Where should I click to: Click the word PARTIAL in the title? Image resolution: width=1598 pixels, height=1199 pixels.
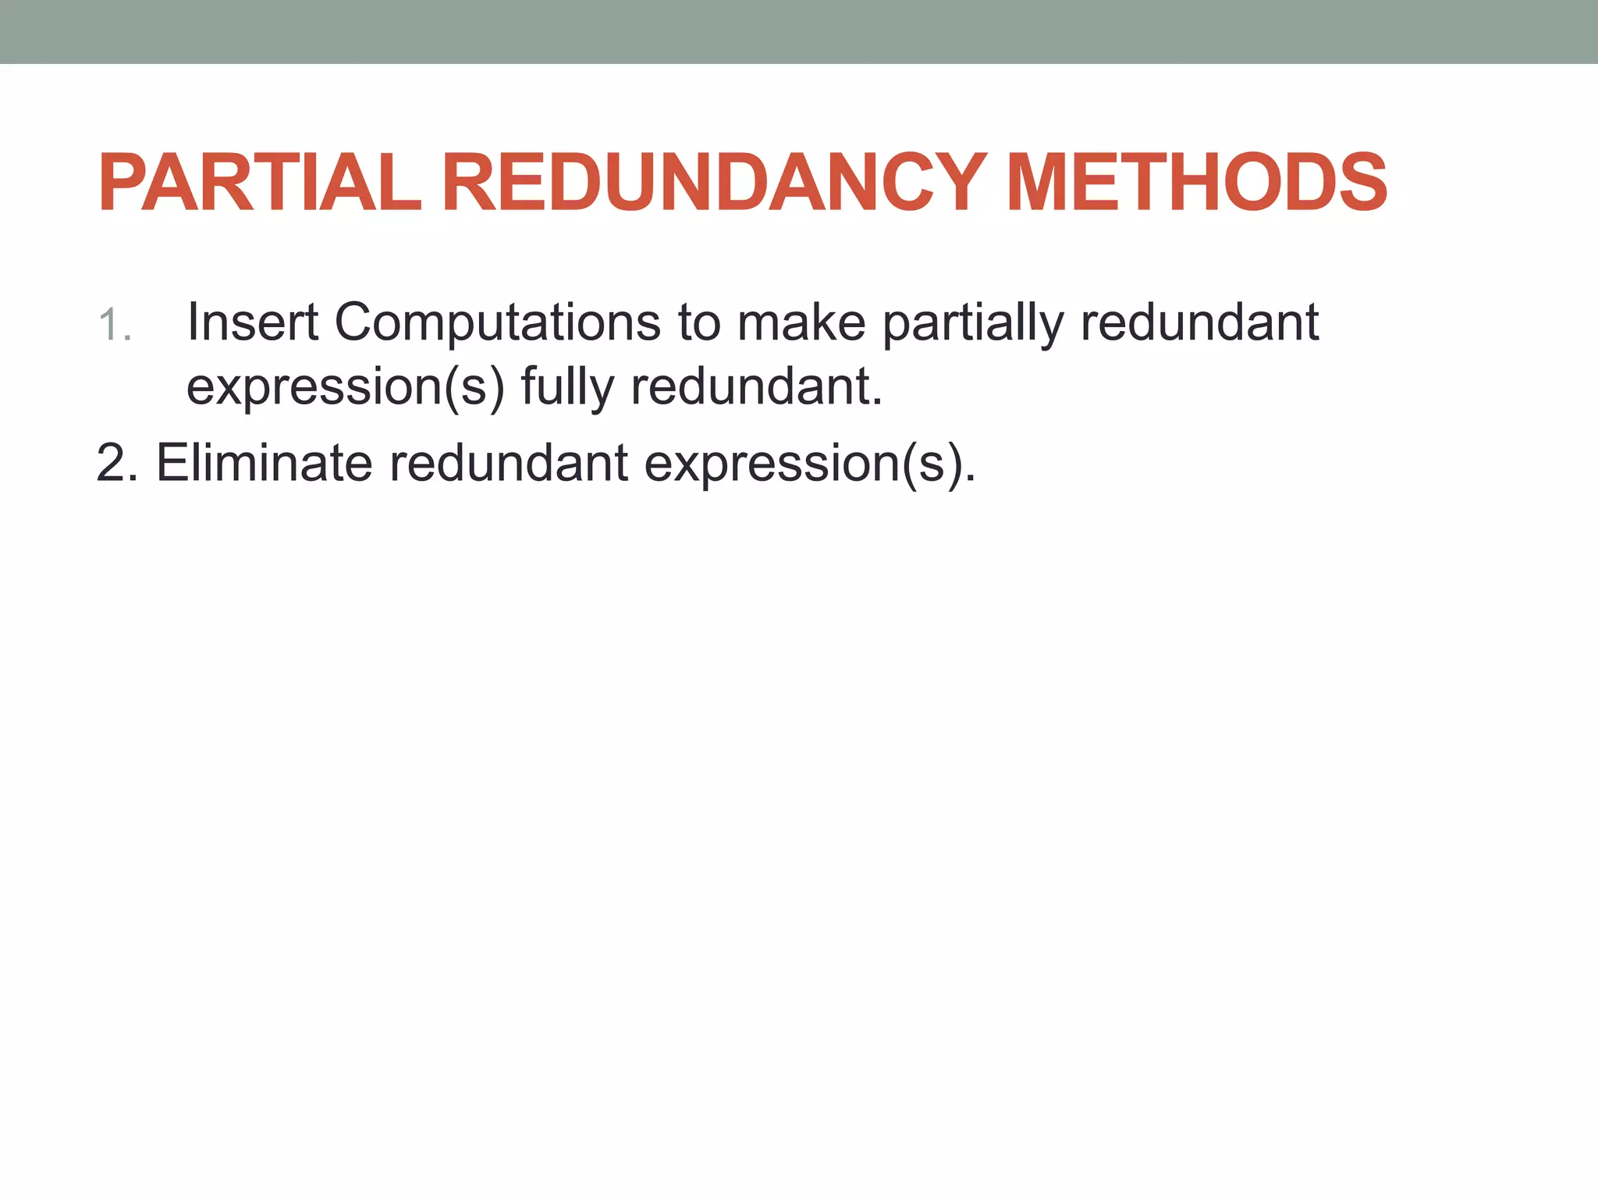(260, 183)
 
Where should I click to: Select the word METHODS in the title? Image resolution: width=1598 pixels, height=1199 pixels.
(1197, 183)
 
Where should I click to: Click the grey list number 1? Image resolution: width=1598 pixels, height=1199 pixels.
(114, 325)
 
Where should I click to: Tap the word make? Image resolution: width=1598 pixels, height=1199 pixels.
(801, 322)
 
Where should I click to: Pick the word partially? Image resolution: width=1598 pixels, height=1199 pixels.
(973, 324)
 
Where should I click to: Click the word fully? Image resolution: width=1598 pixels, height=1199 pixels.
(567, 388)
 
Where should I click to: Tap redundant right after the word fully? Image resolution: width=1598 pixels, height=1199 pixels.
(756, 386)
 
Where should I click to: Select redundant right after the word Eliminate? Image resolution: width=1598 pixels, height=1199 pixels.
(509, 463)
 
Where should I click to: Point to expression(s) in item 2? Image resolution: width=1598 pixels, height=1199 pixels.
(809, 464)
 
